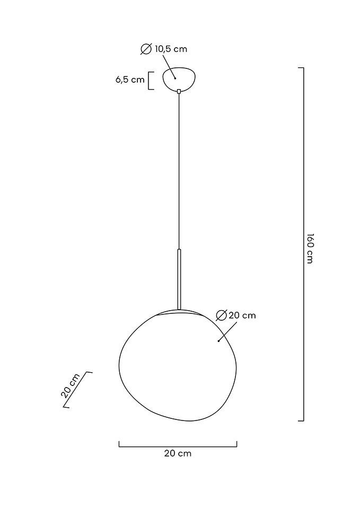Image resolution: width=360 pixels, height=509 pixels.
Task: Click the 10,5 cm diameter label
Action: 171,49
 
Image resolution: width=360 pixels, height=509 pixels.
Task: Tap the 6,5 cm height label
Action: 130,80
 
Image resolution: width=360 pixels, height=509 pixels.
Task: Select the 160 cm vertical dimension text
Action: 310,248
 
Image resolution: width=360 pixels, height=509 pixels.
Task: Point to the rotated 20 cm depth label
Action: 70,385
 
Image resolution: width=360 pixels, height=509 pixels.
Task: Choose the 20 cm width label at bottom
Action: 178,453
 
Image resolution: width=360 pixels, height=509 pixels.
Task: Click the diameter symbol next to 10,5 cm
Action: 146,49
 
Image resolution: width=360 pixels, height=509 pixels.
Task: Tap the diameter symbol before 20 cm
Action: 222,315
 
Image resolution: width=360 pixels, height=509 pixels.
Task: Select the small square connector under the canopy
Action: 179,92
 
